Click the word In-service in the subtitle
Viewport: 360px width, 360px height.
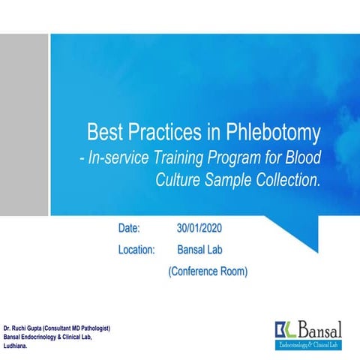pyautogui.click(x=124, y=159)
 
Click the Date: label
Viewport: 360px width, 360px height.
pyautogui.click(x=131, y=227)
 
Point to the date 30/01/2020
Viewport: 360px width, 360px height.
pyautogui.click(x=199, y=227)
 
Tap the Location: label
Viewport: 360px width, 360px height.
pyautogui.click(x=136, y=249)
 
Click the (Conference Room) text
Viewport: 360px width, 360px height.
pyautogui.click(x=207, y=271)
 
